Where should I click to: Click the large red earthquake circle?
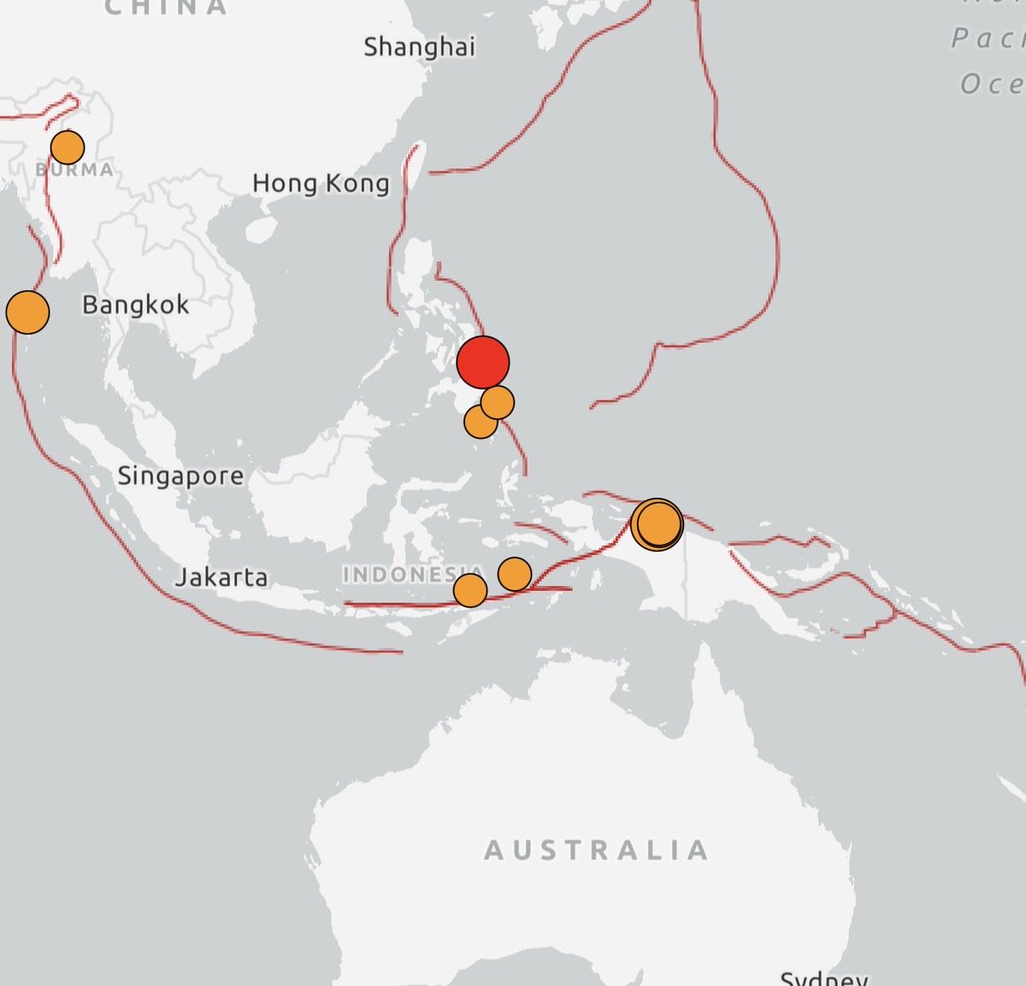pyautogui.click(x=483, y=362)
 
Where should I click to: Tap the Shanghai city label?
pyautogui.click(x=419, y=47)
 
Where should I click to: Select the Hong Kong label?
pyautogui.click(x=321, y=183)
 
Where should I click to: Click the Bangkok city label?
pyautogui.click(x=136, y=304)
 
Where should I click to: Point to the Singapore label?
pyautogui.click(x=180, y=475)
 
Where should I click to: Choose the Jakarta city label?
pyautogui.click(x=221, y=577)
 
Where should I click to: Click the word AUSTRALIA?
pyautogui.click(x=597, y=850)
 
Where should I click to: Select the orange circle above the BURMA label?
pyautogui.click(x=68, y=147)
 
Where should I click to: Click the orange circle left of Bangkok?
pyautogui.click(x=27, y=312)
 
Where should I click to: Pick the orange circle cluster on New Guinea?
pyautogui.click(x=657, y=523)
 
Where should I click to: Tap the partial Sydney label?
pyautogui.click(x=823, y=977)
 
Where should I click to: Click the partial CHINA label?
pyautogui.click(x=166, y=8)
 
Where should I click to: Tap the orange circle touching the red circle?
pyautogui.click(x=498, y=401)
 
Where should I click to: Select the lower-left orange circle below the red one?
pyautogui.click(x=480, y=421)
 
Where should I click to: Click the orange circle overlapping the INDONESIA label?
pyautogui.click(x=469, y=590)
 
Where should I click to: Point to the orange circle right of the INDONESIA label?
pyautogui.click(x=515, y=574)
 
